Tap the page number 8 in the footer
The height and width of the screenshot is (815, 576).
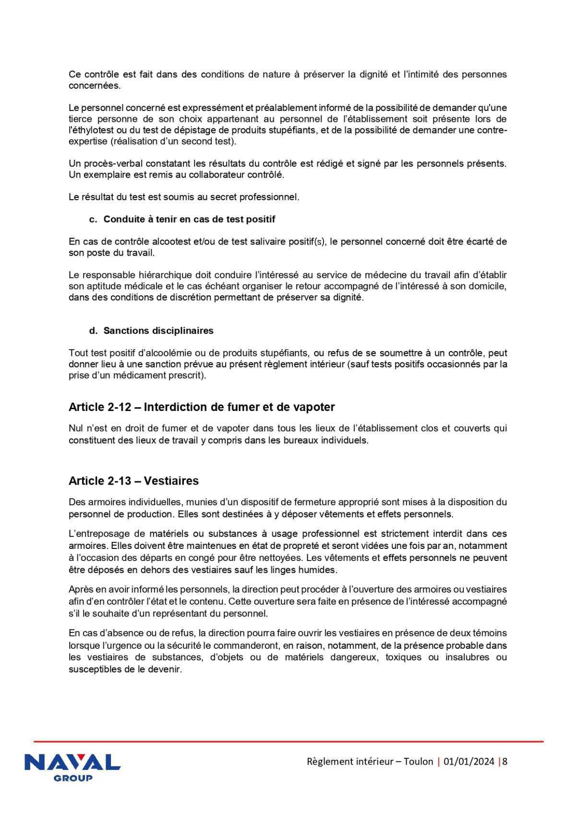tap(504, 761)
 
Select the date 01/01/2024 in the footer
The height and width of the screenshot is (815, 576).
tap(469, 761)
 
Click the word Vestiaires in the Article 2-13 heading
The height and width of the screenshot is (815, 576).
tap(171, 481)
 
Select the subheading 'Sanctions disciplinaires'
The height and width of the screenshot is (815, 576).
tap(158, 331)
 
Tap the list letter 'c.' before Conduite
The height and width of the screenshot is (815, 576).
tap(94, 219)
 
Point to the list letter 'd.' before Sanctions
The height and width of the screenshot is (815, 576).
tap(94, 331)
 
